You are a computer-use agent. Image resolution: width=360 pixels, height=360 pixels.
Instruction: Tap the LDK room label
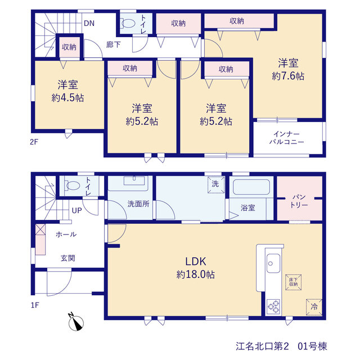coord(196,262)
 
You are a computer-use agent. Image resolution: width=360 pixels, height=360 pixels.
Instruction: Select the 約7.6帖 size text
coord(288,76)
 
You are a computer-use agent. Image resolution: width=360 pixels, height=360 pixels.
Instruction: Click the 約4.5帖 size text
coord(67,98)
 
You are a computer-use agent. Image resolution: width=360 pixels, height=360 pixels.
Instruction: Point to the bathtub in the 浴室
coord(251,187)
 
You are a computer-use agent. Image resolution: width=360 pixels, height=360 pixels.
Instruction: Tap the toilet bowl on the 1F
coord(73,185)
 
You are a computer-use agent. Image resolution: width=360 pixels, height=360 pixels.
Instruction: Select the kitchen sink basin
coord(273,263)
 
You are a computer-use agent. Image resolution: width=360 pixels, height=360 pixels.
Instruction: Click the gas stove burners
coord(273,307)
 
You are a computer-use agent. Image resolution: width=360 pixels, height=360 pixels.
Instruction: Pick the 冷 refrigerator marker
coord(314,307)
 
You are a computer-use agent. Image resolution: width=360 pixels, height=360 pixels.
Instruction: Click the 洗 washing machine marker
coord(216,184)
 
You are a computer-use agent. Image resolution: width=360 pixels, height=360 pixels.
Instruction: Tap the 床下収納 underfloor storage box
coord(293,282)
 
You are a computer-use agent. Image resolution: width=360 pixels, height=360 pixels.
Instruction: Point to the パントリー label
coord(299,201)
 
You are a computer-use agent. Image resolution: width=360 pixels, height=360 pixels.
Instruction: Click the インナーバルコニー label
coord(287,138)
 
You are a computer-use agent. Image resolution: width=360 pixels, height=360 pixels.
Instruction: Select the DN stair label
coord(89,23)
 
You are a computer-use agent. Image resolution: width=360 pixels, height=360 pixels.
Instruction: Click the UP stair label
coord(76,210)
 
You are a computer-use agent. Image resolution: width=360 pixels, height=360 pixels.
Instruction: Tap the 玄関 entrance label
coord(67,258)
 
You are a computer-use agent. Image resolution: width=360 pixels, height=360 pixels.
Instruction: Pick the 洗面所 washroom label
coord(138,204)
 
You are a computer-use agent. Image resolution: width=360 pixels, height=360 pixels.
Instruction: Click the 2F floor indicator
coord(34,142)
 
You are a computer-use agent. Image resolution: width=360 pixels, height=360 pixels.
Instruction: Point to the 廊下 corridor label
coord(113,44)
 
